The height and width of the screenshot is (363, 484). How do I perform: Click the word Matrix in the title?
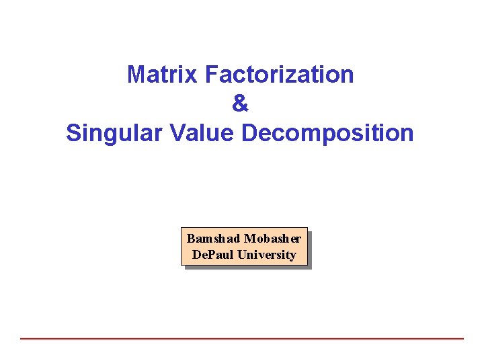tap(163, 75)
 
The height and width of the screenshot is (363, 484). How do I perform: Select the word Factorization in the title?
tap(280, 75)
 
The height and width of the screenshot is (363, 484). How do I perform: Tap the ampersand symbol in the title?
tap(240, 104)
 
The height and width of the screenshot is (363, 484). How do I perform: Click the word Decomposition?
tap(327, 133)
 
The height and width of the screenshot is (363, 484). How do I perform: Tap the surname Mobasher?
tap(273, 239)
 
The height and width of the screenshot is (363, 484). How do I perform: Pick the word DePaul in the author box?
tap(210, 255)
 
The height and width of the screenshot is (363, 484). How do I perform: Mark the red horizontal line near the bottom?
tap(242, 338)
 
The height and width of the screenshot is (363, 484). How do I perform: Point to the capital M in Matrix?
tap(136, 75)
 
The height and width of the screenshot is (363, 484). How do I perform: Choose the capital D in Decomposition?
tap(249, 133)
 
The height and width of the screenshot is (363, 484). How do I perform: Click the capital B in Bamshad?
tap(190, 239)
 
